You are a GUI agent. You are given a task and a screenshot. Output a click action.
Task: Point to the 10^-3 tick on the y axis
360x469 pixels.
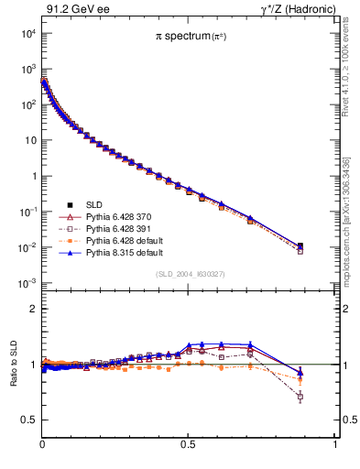(x=28, y=283)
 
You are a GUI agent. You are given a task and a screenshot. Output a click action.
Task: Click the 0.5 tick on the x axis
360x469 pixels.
(x=188, y=443)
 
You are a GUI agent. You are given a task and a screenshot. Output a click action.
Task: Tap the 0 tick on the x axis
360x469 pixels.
(x=43, y=443)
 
